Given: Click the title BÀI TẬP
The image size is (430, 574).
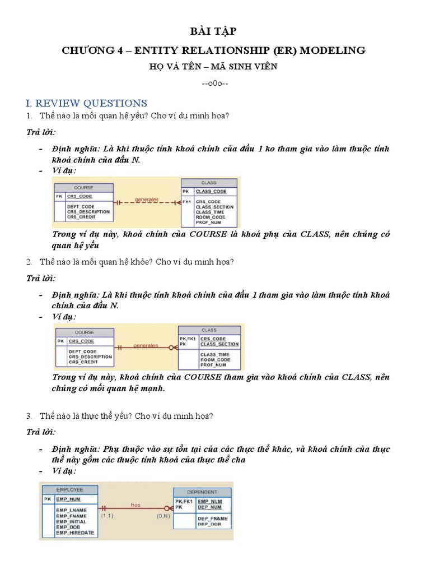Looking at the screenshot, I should tap(214, 31).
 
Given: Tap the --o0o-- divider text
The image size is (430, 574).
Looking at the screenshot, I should tap(214, 84).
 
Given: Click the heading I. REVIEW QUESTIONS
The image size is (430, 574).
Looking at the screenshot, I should tap(87, 103).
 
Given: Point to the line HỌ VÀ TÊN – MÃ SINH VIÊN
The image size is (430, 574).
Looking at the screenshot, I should tap(214, 67).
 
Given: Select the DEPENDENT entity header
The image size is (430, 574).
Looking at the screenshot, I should tap(202, 492).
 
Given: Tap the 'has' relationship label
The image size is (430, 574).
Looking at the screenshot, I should tap(135, 504).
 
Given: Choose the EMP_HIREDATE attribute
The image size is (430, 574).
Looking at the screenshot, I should tap(75, 533).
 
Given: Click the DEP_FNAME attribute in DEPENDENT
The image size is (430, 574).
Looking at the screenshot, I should tap(212, 519).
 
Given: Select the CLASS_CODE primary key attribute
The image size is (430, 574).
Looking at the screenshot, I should tap(211, 192).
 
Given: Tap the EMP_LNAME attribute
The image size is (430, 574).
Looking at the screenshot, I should tap(71, 510).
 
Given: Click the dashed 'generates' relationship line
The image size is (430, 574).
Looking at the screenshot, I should tap(147, 201).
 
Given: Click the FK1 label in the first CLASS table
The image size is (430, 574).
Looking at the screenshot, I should tap(186, 201).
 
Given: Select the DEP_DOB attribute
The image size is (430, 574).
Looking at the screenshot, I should tap(208, 524).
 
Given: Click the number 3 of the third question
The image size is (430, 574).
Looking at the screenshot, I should tap(29, 416).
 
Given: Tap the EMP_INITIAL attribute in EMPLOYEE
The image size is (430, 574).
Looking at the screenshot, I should tap(72, 521).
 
